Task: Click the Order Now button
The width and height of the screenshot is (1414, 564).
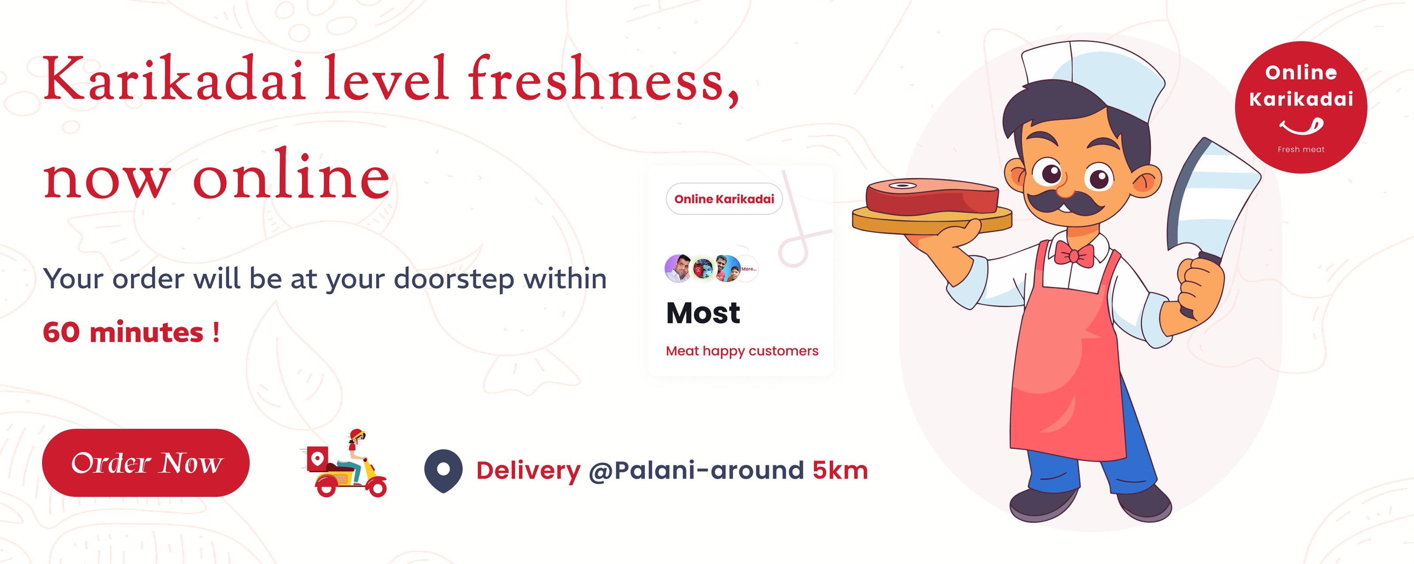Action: pyautogui.click(x=145, y=462)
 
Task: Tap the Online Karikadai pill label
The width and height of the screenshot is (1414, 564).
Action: pyautogui.click(x=724, y=199)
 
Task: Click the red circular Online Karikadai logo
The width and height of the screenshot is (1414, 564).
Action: pyautogui.click(x=1301, y=107)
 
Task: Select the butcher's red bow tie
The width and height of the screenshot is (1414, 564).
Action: pyautogui.click(x=1074, y=254)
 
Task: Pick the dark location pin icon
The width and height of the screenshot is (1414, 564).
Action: pyautogui.click(x=443, y=470)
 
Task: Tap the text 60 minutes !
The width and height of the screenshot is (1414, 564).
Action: pyautogui.click(x=131, y=332)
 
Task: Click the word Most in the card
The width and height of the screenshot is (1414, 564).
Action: pyautogui.click(x=703, y=313)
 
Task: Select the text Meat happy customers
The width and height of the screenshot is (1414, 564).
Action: pyautogui.click(x=741, y=351)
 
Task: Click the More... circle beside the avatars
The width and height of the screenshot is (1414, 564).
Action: pyautogui.click(x=748, y=269)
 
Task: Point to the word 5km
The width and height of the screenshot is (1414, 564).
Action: pyautogui.click(x=840, y=471)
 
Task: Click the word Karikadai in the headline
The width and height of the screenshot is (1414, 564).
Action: pyautogui.click(x=174, y=79)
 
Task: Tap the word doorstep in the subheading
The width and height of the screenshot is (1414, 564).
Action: pyautogui.click(x=454, y=279)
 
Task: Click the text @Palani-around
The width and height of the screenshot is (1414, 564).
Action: pyautogui.click(x=696, y=471)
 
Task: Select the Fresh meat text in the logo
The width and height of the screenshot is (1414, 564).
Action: pyautogui.click(x=1301, y=149)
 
